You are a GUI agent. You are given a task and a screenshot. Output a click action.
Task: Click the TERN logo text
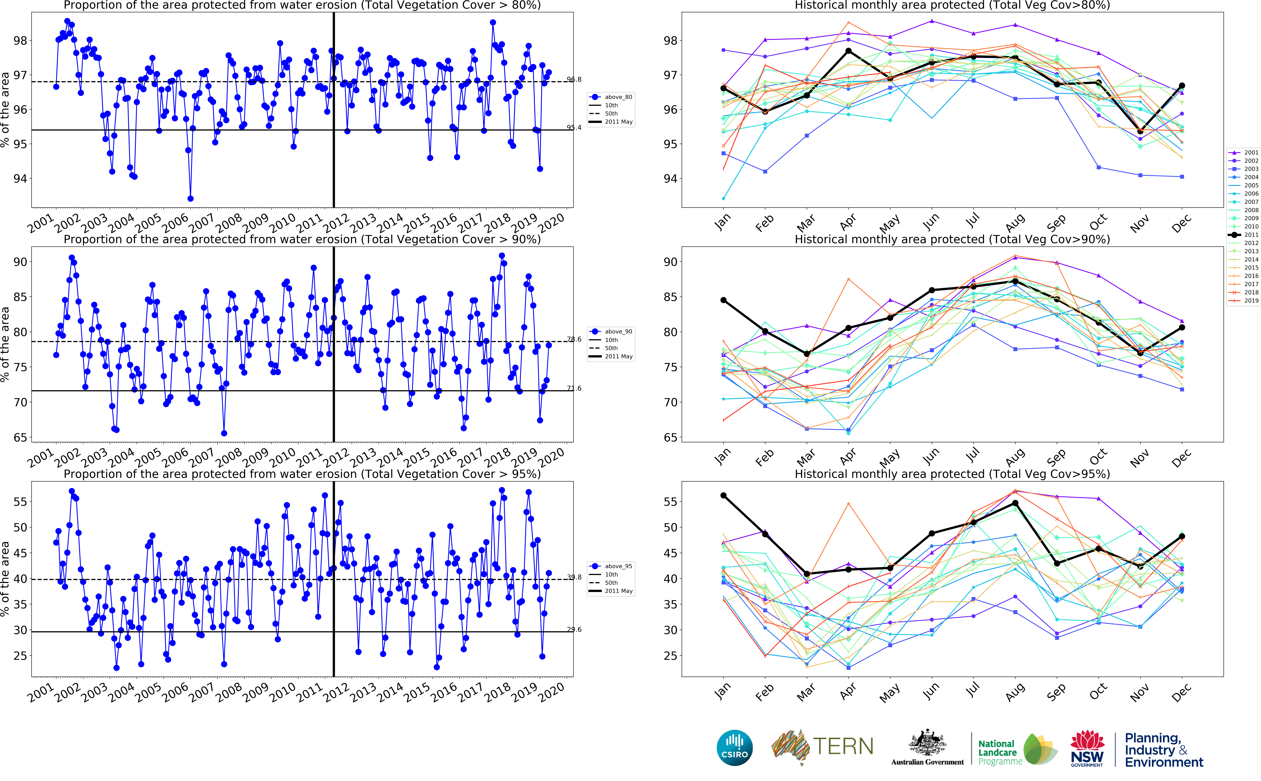pyautogui.click(x=843, y=746)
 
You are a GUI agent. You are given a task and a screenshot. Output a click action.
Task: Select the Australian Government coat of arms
pyautogui.click(x=927, y=744)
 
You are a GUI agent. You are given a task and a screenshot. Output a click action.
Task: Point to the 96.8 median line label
pyautogui.click(x=574, y=80)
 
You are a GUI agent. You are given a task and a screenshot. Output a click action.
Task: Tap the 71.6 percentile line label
pyautogui.click(x=574, y=388)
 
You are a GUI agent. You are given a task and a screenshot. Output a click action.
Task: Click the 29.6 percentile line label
pyautogui.click(x=574, y=630)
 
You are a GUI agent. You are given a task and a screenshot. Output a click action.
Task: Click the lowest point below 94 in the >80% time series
pyautogui.click(x=191, y=198)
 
